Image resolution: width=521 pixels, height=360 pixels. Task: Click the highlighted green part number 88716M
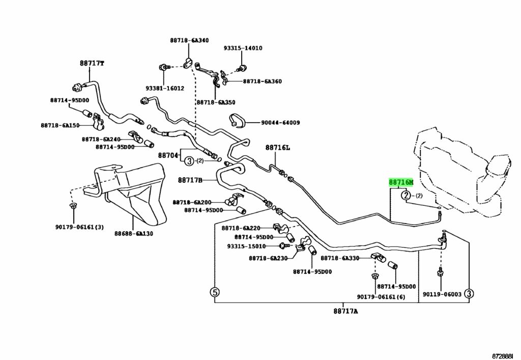click(401, 182)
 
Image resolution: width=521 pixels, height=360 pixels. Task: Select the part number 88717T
click(92, 64)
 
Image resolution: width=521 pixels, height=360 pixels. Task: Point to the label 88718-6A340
click(189, 40)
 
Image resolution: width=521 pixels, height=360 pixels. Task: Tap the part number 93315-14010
click(243, 48)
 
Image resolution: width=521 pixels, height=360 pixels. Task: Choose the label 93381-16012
click(164, 88)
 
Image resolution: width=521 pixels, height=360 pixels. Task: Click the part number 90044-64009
click(280, 123)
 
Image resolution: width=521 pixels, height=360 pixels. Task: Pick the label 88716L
click(277, 148)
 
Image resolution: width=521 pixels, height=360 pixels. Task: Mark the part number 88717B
click(190, 180)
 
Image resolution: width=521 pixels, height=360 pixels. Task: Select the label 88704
click(167, 155)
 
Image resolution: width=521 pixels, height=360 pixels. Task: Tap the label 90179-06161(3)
click(79, 227)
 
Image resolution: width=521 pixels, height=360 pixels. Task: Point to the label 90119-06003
click(442, 294)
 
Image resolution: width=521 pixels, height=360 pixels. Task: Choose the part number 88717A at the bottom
click(346, 311)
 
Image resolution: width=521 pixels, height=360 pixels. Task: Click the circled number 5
click(215, 292)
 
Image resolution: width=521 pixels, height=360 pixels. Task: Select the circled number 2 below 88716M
click(406, 195)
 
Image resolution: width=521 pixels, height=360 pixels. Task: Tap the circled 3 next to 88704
click(189, 161)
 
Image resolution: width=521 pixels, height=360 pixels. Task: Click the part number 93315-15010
click(246, 246)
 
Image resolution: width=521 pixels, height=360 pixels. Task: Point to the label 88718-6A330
click(340, 259)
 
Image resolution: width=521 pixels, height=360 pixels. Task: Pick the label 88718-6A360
click(262, 81)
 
